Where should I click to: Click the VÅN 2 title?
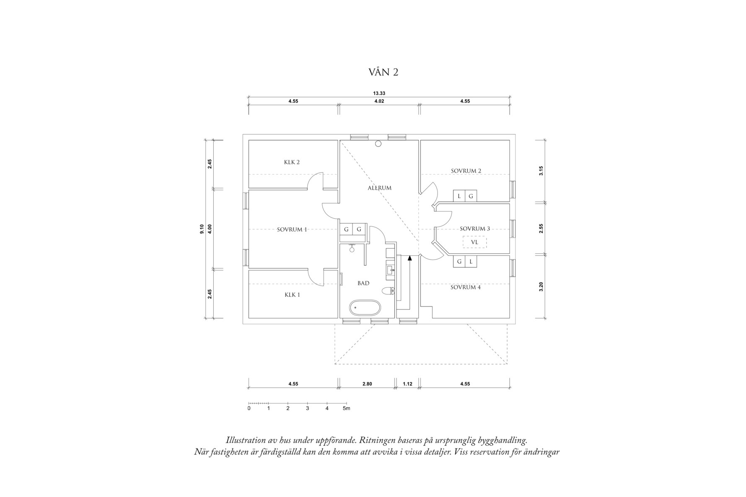(x=383, y=72)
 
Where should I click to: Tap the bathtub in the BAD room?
(x=365, y=309)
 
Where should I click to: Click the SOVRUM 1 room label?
(x=292, y=229)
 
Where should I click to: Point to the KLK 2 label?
(x=292, y=162)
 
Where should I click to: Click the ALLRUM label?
(x=379, y=188)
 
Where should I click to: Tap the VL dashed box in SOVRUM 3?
(x=474, y=242)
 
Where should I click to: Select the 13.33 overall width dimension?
(x=379, y=94)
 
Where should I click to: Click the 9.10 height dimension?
(x=202, y=229)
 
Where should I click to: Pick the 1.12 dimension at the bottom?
(x=407, y=384)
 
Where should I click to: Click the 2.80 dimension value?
(x=367, y=384)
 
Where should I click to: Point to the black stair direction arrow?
(x=409, y=258)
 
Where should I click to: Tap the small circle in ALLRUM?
(x=378, y=144)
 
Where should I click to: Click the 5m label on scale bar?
(x=346, y=408)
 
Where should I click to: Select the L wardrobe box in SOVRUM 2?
(x=459, y=196)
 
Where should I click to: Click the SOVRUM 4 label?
(x=465, y=287)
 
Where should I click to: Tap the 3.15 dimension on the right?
(x=541, y=170)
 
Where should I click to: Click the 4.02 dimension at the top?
(x=379, y=101)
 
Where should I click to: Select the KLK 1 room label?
(x=292, y=295)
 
